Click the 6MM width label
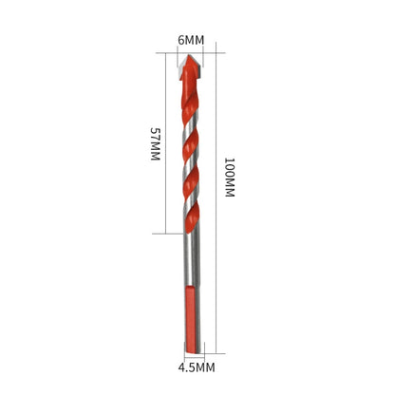click(191, 42)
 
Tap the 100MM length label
click(229, 177)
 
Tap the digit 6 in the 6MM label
click(180, 42)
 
